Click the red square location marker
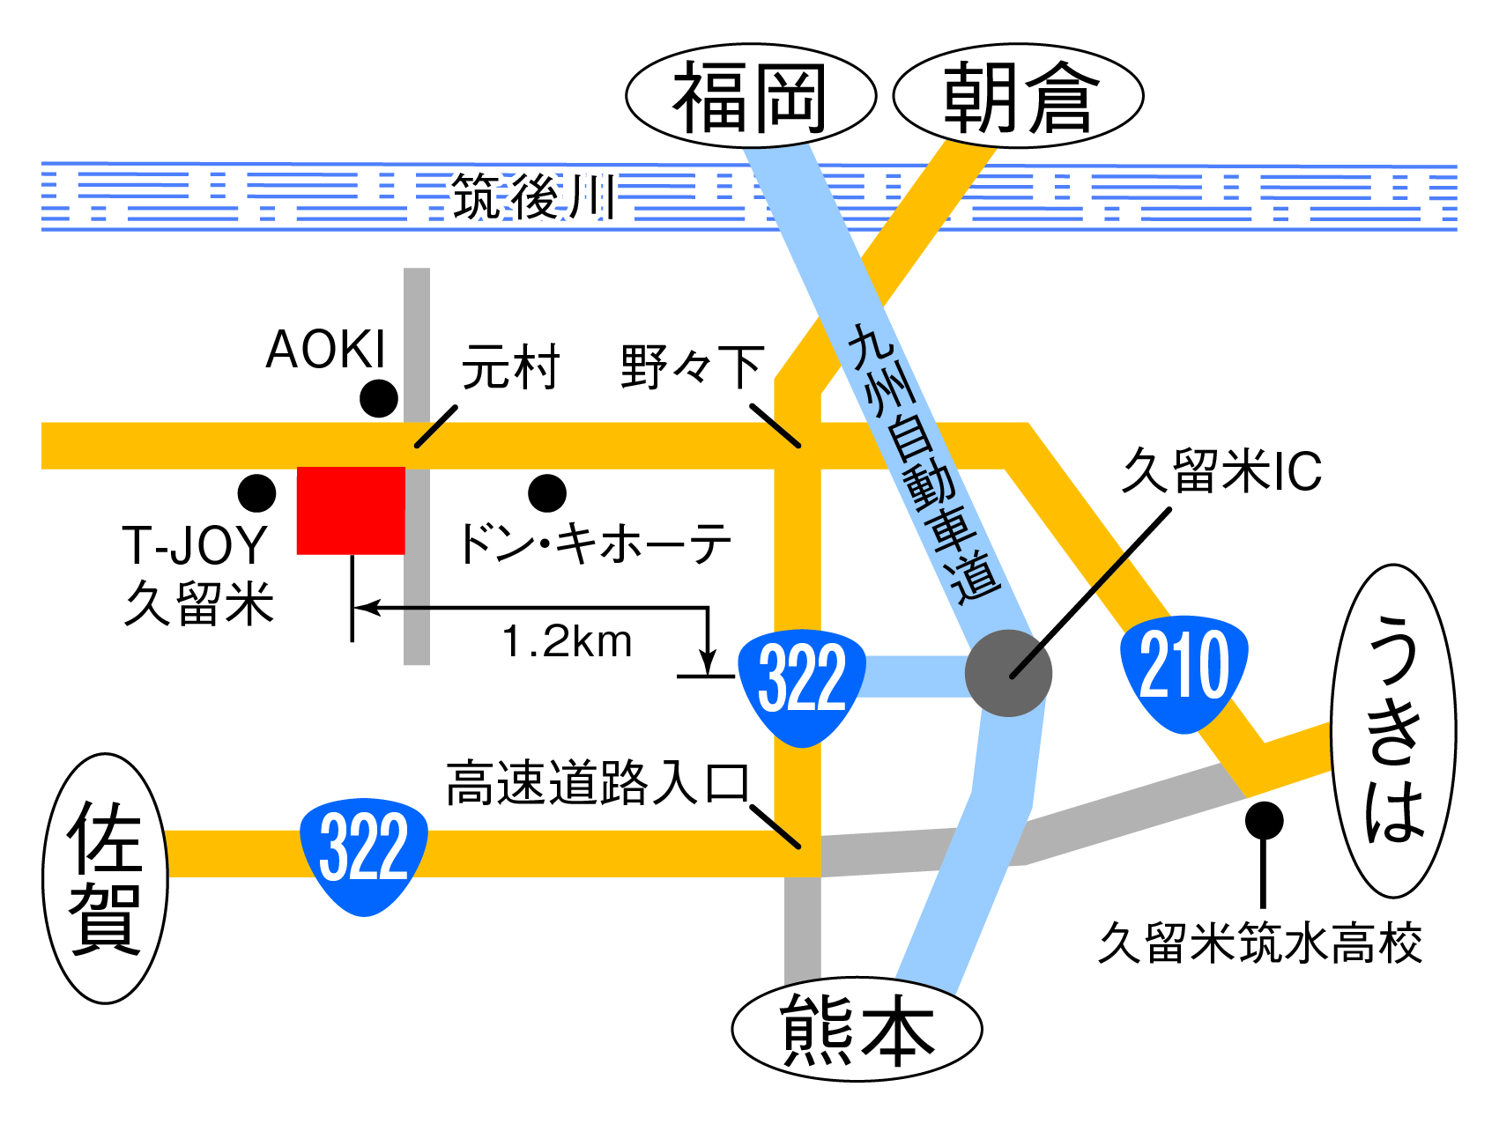click(351, 511)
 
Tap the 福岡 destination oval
click(751, 96)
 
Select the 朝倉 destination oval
click(1018, 96)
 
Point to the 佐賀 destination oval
click(106, 878)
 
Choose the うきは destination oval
click(1393, 731)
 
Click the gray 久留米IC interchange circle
click(1008, 673)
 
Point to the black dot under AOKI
click(379, 399)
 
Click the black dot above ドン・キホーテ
click(547, 493)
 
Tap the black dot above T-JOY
click(256, 493)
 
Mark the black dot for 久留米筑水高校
click(1264, 821)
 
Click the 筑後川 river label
click(532, 196)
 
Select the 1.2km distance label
click(567, 641)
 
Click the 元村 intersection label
click(511, 367)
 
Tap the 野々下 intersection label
click(692, 367)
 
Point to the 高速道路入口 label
click(597, 783)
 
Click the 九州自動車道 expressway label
click(924, 463)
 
